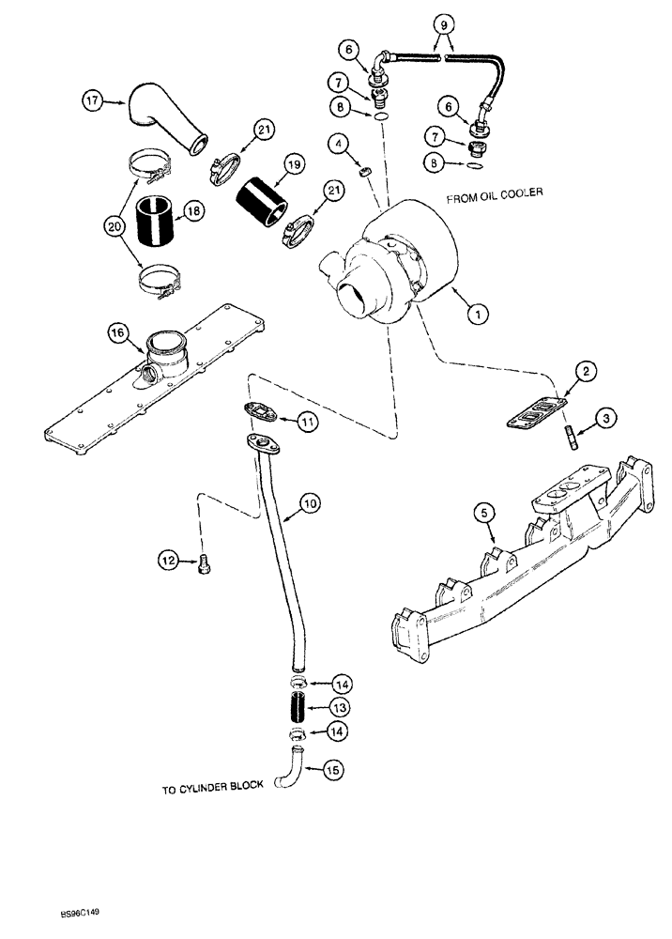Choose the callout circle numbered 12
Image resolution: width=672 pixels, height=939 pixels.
point(169,562)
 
